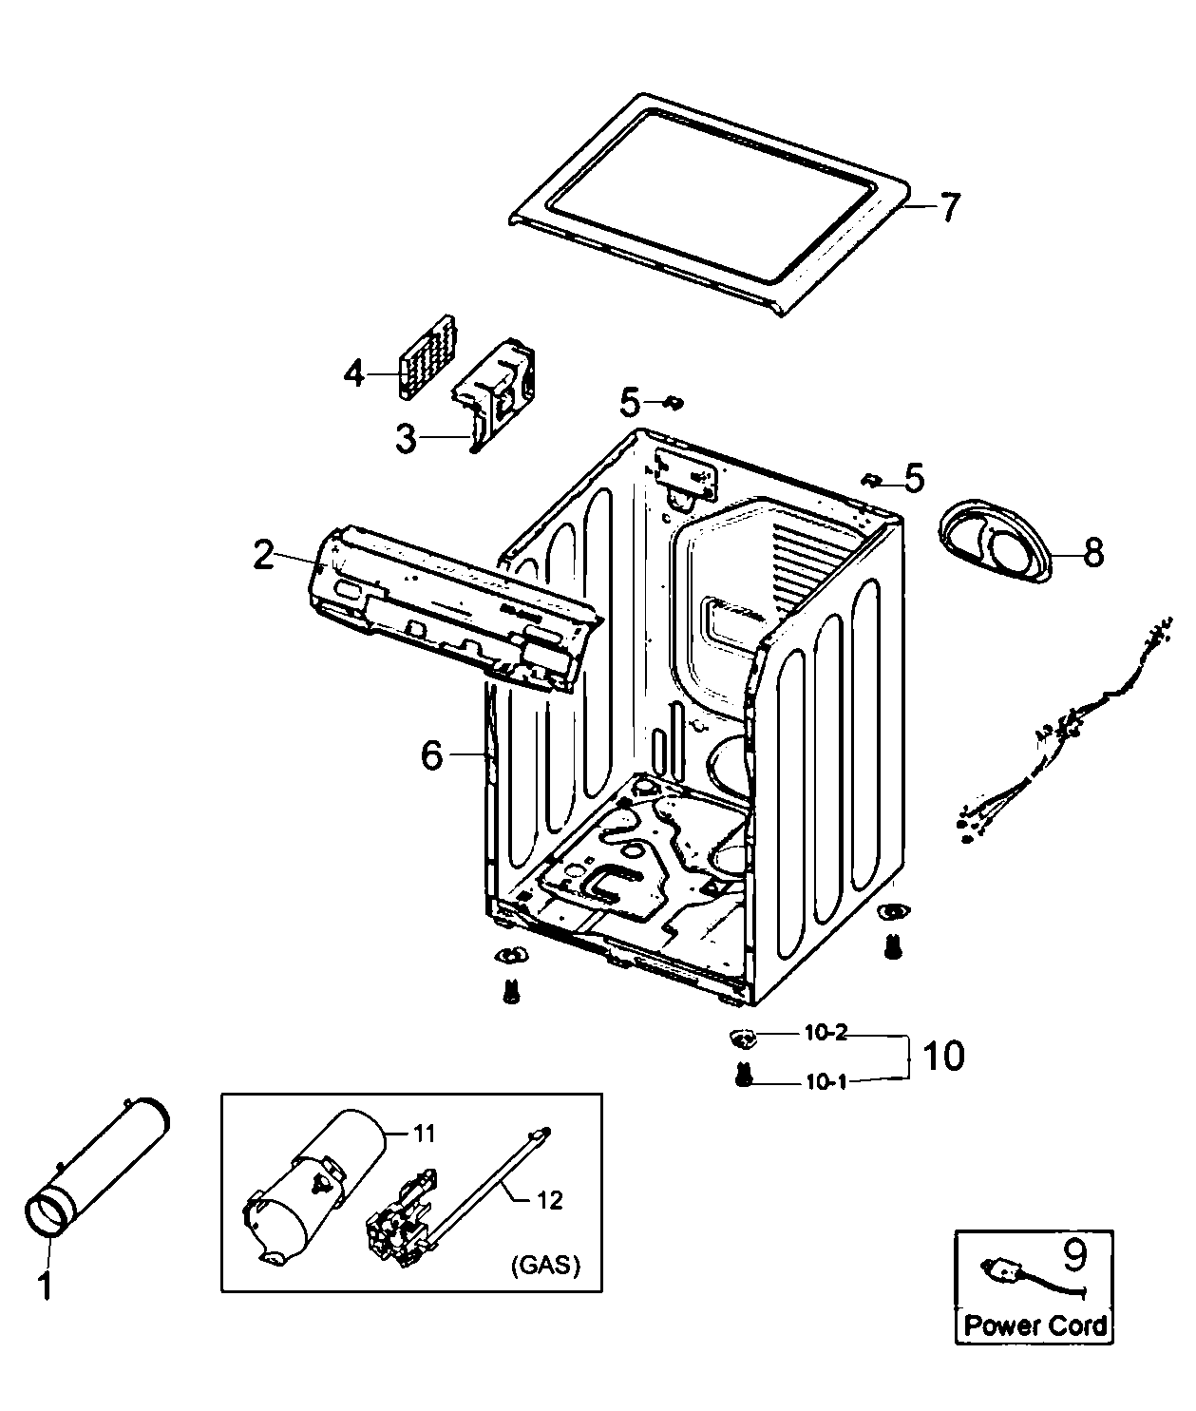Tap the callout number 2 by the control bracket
(x=263, y=554)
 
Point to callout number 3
(x=406, y=439)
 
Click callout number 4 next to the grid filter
(x=353, y=374)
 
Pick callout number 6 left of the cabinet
(x=431, y=755)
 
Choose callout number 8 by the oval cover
(x=1093, y=552)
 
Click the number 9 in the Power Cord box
(x=1073, y=1256)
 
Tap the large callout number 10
(x=942, y=1055)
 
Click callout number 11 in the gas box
(x=423, y=1133)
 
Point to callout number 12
(x=549, y=1200)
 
